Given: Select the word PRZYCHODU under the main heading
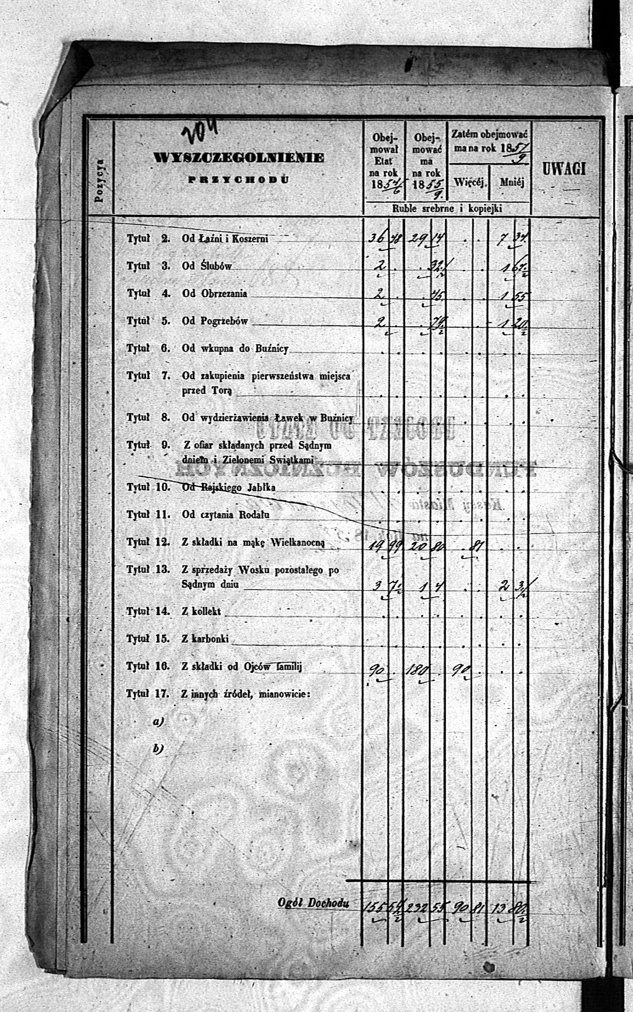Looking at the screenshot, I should tap(238, 180).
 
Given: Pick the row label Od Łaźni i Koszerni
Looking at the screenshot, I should tap(225, 239).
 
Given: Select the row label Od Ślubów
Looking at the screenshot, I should tap(206, 266).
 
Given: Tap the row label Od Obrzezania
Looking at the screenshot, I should tap(214, 293).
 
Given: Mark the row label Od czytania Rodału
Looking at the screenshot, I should tap(226, 515).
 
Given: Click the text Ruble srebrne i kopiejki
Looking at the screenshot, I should tap(447, 208).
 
